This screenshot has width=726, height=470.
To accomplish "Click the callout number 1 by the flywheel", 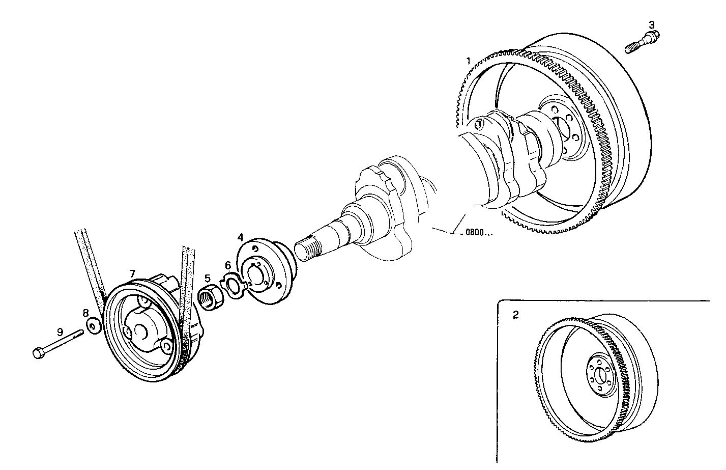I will pyautogui.click(x=468, y=62).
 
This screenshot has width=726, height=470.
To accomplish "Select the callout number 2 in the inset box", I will pyautogui.click(x=515, y=315).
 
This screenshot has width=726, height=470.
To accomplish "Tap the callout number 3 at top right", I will pyautogui.click(x=652, y=24).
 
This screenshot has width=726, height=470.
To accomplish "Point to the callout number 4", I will pyautogui.click(x=241, y=237).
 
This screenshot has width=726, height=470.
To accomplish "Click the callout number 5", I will pyautogui.click(x=208, y=278).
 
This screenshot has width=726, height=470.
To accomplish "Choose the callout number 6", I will pyautogui.click(x=228, y=265).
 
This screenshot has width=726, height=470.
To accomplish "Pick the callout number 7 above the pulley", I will pyautogui.click(x=132, y=274).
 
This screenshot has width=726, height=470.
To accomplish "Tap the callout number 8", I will pyautogui.click(x=85, y=312).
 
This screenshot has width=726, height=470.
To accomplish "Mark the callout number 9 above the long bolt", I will pyautogui.click(x=60, y=331).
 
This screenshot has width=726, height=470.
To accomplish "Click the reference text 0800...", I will pyautogui.click(x=479, y=234).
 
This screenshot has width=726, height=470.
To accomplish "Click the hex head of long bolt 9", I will pyautogui.click(x=38, y=352).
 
